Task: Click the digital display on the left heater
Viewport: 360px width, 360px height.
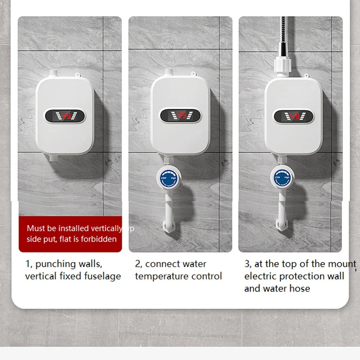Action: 65,116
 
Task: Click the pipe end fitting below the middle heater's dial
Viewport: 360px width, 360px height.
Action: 169,227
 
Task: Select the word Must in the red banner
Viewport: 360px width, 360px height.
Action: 36,228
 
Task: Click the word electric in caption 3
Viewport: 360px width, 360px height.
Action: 260,277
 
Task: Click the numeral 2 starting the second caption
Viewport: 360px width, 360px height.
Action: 137,264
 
